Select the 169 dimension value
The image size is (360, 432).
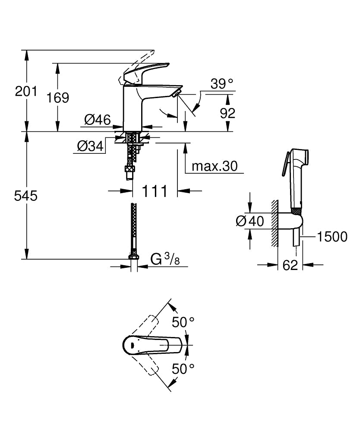(x=58, y=98)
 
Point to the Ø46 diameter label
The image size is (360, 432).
(x=98, y=120)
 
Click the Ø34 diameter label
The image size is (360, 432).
(x=90, y=147)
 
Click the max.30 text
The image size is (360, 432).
(x=215, y=166)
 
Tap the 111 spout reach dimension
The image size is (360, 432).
(x=155, y=191)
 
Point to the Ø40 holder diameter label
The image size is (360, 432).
(x=250, y=221)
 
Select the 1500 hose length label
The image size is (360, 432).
(x=332, y=237)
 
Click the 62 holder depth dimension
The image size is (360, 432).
(x=291, y=265)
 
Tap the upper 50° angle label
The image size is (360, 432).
(x=183, y=321)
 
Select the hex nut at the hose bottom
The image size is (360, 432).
(x=133, y=258)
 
